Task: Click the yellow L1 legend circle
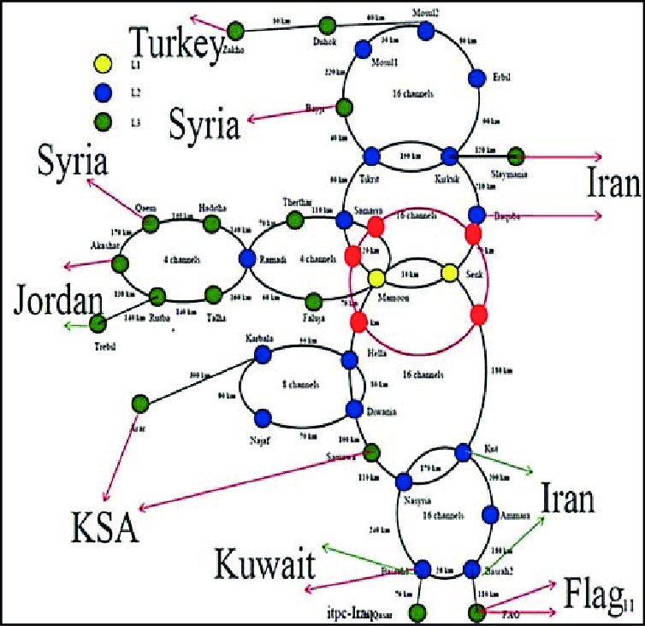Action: (x=103, y=62)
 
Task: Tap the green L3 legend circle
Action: (x=103, y=119)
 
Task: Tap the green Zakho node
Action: (x=237, y=32)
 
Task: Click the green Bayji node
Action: (x=344, y=108)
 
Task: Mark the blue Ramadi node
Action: (x=248, y=257)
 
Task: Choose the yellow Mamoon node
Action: (x=376, y=278)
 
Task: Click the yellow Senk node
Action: (x=450, y=274)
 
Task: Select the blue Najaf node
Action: (x=263, y=417)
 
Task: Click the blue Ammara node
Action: (x=491, y=515)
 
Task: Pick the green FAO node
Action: (x=477, y=611)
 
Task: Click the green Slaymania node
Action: (x=516, y=156)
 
